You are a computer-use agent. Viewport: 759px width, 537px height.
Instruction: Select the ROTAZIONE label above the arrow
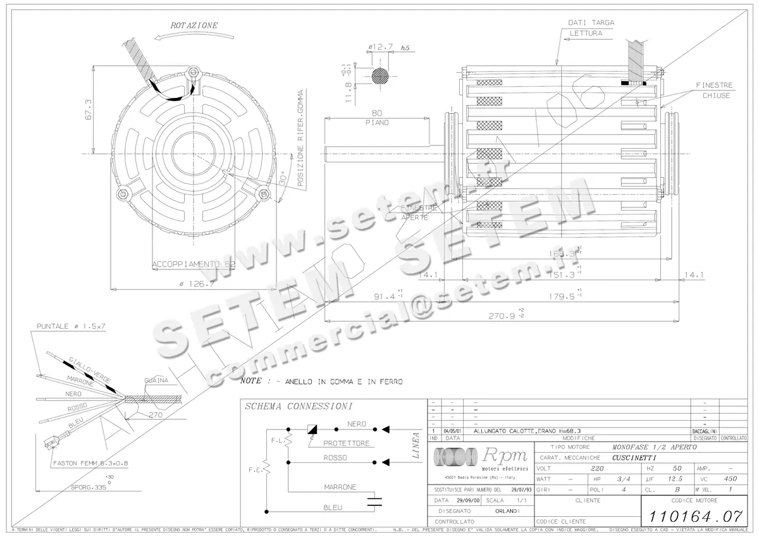coord(194,26)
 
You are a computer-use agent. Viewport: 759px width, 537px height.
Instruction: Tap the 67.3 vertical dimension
coord(89,109)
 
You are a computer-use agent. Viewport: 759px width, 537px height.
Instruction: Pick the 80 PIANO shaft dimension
coord(376,118)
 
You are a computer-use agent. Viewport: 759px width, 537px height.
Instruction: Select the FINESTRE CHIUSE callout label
coord(715,90)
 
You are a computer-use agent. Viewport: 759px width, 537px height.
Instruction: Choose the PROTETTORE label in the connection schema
coord(346,443)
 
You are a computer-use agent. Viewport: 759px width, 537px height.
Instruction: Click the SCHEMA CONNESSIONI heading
coord(299,406)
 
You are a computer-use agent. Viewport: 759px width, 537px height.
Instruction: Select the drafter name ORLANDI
coord(507,510)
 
